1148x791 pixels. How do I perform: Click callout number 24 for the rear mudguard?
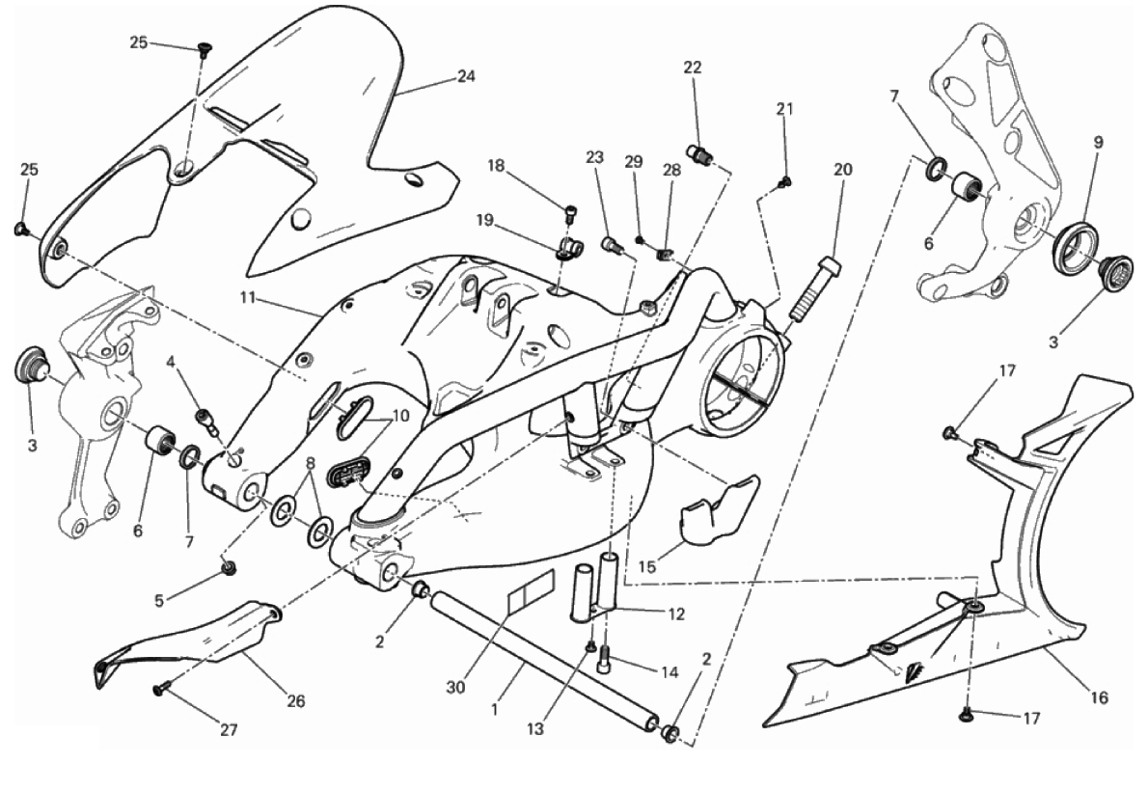[x=466, y=76]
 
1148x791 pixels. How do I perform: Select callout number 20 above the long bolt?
[x=843, y=169]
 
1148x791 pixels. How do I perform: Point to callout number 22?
[x=693, y=68]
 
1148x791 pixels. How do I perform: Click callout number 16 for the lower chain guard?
[x=1100, y=697]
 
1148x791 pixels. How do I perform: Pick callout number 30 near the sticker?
[x=455, y=687]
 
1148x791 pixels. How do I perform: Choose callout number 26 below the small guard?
[x=295, y=701]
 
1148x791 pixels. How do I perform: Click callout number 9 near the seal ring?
[x=1098, y=142]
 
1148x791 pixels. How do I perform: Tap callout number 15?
[x=646, y=566]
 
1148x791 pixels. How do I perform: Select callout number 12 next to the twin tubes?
[x=675, y=614]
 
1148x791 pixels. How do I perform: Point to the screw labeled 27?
[x=160, y=688]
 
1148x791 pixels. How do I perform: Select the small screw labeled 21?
[x=785, y=181]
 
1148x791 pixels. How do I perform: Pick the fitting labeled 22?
[x=698, y=153]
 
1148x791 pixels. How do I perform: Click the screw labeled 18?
[x=569, y=213]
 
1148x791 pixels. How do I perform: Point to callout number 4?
[x=171, y=361]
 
